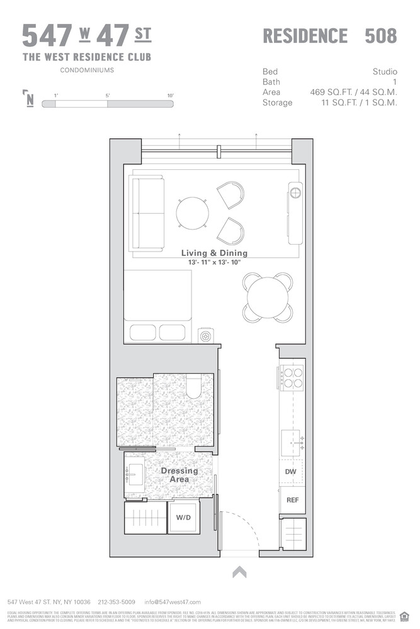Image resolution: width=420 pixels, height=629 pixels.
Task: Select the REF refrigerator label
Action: point(292,501)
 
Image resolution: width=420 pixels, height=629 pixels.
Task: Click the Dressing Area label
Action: point(179,475)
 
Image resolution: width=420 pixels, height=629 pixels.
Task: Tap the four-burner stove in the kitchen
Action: point(292,377)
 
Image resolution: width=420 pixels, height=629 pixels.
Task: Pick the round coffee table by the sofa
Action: point(191,213)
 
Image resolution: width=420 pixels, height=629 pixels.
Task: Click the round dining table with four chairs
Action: point(268,298)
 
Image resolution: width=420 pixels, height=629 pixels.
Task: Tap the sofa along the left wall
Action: point(146,213)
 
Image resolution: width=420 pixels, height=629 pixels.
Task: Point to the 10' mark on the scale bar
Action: point(170,95)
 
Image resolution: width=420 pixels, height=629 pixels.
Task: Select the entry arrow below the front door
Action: point(239,572)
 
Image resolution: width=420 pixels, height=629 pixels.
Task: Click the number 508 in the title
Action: point(381,36)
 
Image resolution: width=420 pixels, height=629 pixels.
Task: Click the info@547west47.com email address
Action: point(173,602)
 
